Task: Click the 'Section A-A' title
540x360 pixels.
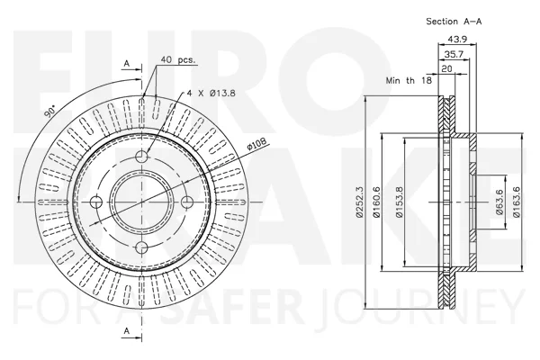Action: pos(454,22)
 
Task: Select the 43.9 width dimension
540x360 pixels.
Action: pos(457,40)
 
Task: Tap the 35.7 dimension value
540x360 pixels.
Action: pos(454,54)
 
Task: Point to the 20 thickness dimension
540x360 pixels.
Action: pos(446,68)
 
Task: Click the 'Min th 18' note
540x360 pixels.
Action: pos(409,81)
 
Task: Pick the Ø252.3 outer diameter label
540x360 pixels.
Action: pos(359,202)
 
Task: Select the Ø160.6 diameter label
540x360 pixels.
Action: pos(376,202)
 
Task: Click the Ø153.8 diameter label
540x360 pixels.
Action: pos(399,202)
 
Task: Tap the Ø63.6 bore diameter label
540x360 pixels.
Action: pos(499,202)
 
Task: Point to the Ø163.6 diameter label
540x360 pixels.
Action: pos(516,202)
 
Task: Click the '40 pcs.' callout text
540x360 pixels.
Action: pos(177,60)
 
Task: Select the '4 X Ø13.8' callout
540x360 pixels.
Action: pos(211,93)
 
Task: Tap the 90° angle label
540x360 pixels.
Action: pos(50,112)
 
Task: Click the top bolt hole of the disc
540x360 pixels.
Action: pos(141,157)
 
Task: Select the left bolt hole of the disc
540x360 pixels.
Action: pos(96,202)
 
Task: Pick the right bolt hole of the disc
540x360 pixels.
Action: pos(187,202)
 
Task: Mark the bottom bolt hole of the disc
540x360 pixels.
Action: pos(141,247)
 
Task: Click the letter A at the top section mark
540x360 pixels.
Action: pos(127,63)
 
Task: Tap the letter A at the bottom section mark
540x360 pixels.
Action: pos(127,330)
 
